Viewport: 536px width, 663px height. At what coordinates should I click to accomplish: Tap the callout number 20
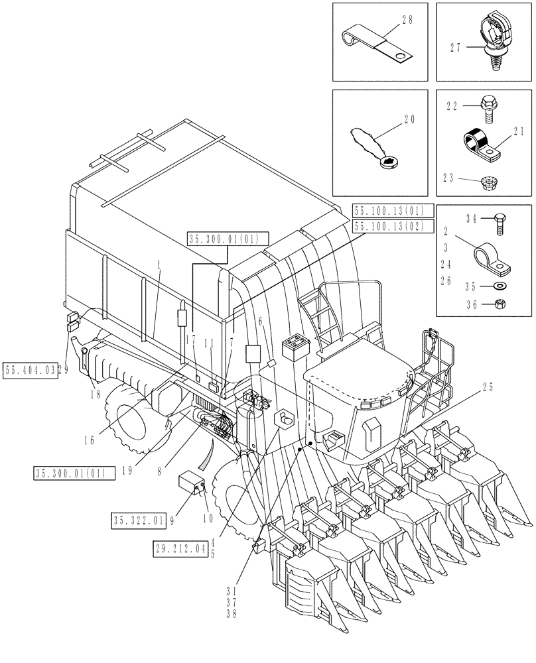(407, 120)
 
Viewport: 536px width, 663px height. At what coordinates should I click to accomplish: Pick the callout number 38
(230, 615)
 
